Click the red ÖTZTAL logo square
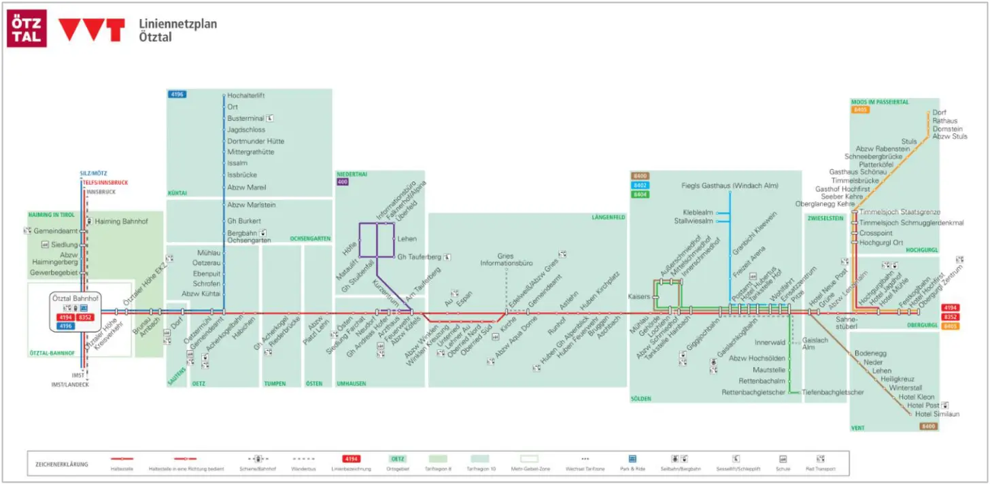(x=27, y=28)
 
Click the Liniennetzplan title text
(x=177, y=24)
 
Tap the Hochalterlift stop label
(x=246, y=96)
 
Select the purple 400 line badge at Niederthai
(x=343, y=182)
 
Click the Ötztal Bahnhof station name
(x=75, y=298)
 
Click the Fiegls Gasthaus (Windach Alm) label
(x=730, y=186)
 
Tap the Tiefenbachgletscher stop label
(x=833, y=392)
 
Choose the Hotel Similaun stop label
(x=937, y=414)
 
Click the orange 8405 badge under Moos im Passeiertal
(x=860, y=109)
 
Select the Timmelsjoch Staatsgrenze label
(x=901, y=212)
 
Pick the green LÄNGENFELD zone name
(x=608, y=218)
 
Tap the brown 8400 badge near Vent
(x=929, y=426)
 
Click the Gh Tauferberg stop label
(x=420, y=257)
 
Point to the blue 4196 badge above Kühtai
(x=177, y=94)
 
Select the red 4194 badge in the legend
(x=351, y=460)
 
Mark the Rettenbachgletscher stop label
(x=753, y=392)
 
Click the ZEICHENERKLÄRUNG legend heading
(x=62, y=464)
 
